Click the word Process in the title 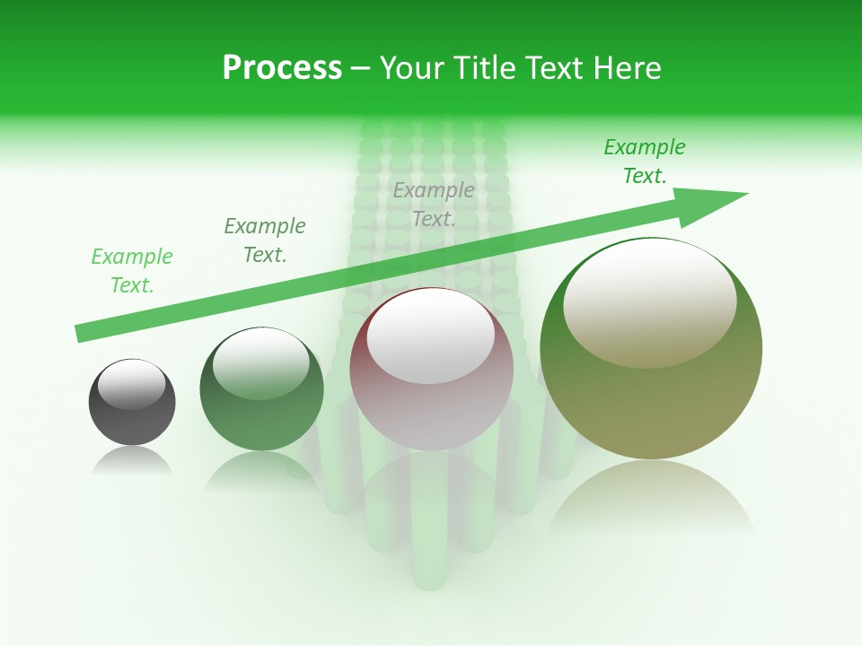(282, 68)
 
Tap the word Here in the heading (627, 68)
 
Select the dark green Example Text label (265, 240)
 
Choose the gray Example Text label (434, 205)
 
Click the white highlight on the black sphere (131, 385)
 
